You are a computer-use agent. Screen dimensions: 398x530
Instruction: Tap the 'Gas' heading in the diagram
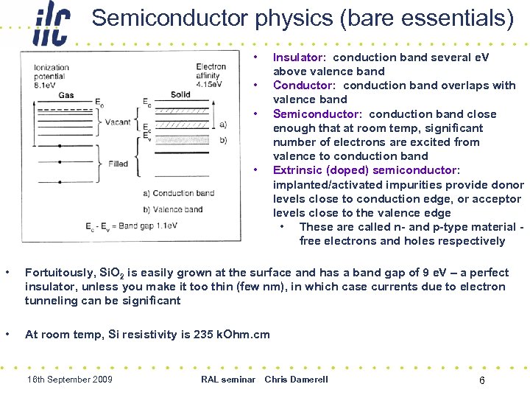(66, 95)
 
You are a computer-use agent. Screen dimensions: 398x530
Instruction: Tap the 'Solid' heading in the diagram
(180, 94)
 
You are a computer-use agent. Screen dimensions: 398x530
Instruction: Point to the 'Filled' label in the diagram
(118, 164)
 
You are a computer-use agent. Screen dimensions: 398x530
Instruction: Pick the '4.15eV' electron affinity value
(211, 85)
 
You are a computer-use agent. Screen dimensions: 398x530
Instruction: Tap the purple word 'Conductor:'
(304, 85)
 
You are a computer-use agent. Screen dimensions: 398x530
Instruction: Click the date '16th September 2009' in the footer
(69, 380)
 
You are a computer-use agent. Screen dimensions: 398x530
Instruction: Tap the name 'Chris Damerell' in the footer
(296, 380)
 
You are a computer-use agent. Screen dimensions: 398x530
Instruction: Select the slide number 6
(481, 380)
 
